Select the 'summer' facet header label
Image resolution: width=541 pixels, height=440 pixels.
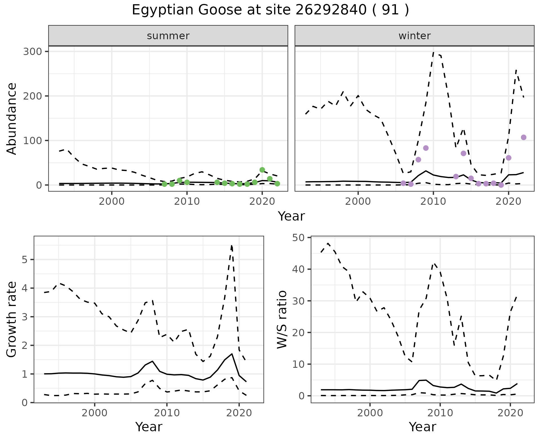click(168, 36)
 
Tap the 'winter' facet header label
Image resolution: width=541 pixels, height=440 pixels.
click(414, 36)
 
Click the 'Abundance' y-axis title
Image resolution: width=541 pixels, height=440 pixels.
click(12, 118)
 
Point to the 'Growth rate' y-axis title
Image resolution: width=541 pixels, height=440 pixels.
click(12, 319)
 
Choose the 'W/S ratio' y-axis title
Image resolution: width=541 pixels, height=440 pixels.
click(282, 319)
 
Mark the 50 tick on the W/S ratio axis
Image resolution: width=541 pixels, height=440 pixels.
click(300, 238)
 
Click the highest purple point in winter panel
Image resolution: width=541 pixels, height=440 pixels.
click(524, 137)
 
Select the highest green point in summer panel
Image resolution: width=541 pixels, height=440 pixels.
click(262, 170)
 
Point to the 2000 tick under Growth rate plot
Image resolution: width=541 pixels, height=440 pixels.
click(95, 413)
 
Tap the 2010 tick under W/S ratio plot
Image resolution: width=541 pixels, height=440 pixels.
click(440, 413)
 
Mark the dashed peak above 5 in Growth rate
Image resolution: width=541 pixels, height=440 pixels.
click(231, 246)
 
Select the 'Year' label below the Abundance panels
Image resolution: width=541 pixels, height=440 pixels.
click(291, 216)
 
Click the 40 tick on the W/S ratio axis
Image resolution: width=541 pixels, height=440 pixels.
click(300, 269)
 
